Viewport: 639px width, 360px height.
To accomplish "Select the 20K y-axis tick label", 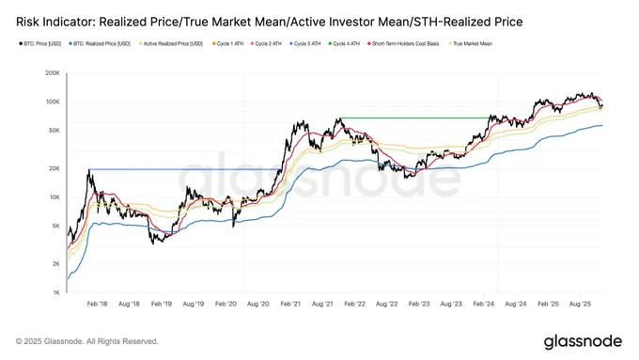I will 53,168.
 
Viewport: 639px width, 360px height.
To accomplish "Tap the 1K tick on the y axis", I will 55,293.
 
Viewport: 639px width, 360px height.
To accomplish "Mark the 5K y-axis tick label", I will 55,227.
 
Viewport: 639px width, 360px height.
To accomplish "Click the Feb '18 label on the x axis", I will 95,305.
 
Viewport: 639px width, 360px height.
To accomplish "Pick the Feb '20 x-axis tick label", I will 226,305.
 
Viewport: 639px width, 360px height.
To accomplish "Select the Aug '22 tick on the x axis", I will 387,305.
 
